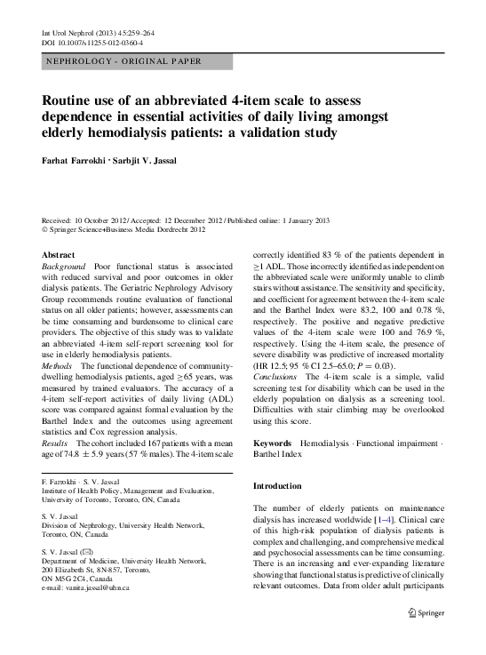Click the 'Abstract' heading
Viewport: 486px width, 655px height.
click(x=59, y=254)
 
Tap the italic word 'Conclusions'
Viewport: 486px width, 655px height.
click(x=277, y=377)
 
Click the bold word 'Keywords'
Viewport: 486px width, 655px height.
click(x=273, y=442)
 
